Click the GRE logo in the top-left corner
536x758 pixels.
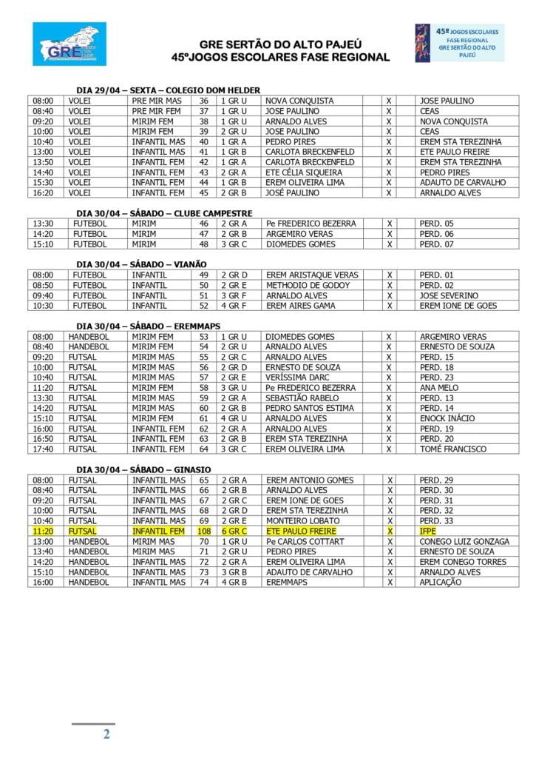point(69,44)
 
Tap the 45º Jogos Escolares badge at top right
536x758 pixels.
point(459,42)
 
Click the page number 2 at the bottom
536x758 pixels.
point(106,734)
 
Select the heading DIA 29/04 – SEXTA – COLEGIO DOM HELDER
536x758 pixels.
point(168,90)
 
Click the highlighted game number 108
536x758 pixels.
point(204,531)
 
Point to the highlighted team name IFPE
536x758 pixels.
point(429,531)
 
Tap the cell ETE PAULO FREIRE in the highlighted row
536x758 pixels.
point(301,531)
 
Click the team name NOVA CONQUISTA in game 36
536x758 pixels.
point(299,101)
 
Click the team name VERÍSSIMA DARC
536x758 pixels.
point(298,378)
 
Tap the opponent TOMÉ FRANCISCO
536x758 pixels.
point(453,449)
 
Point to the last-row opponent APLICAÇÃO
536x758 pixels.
point(441,582)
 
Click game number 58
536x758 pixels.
point(204,387)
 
